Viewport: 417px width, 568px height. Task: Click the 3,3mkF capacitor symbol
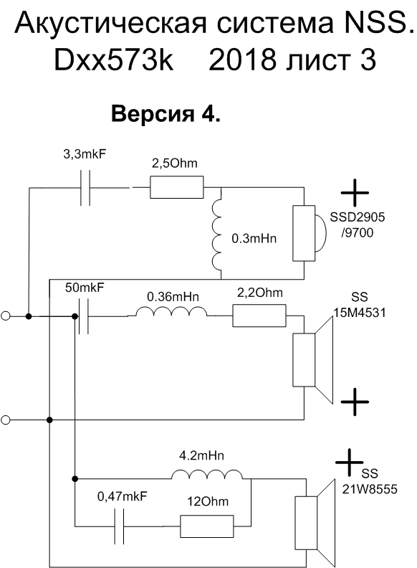pyautogui.click(x=85, y=188)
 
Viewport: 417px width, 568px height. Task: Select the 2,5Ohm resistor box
pyautogui.click(x=177, y=187)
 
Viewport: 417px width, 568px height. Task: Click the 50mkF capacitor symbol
pyautogui.click(x=83, y=316)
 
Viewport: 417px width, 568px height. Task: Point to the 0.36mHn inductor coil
pyautogui.click(x=171, y=312)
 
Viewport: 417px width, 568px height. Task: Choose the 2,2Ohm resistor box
pyautogui.click(x=259, y=316)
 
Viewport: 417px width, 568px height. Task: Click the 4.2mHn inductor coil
pyautogui.click(x=206, y=475)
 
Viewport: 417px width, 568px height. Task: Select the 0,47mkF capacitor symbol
pyautogui.click(x=119, y=526)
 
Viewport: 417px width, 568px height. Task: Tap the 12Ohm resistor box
pyautogui.click(x=206, y=526)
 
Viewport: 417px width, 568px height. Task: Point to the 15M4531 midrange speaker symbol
pyautogui.click(x=312, y=360)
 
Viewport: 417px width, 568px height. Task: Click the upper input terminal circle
pyautogui.click(x=6, y=316)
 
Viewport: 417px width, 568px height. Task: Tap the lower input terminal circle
pyautogui.click(x=6, y=420)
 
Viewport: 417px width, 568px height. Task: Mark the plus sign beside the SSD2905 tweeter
pyautogui.click(x=355, y=193)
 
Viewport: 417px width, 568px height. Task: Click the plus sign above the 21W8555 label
pyautogui.click(x=350, y=463)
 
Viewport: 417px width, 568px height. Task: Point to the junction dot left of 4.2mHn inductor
pyautogui.click(x=75, y=479)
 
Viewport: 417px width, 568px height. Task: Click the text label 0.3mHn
pyautogui.click(x=254, y=238)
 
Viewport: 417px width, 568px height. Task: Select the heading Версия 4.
pyautogui.click(x=166, y=114)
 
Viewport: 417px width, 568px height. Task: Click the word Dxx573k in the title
pyautogui.click(x=114, y=60)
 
